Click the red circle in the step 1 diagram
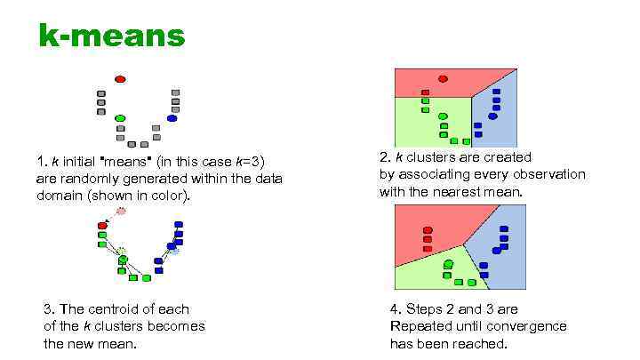point(120,79)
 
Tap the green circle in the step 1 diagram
point(120,118)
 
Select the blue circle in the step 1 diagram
point(172,117)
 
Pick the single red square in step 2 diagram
point(426,92)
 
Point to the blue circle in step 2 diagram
point(492,116)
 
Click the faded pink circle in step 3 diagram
point(121,211)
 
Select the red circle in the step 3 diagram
point(102,226)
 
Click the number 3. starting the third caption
point(49,309)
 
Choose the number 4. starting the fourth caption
point(396,309)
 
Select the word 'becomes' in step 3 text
point(176,326)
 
